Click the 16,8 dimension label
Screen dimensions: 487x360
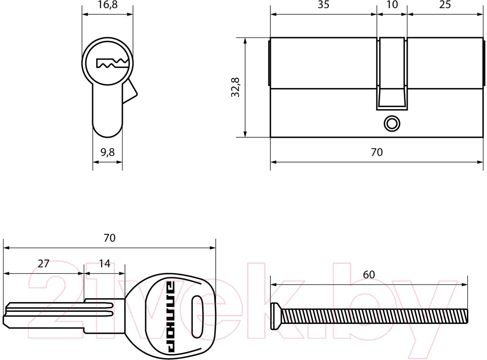[107, 5]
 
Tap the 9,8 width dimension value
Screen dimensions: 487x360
[108, 152]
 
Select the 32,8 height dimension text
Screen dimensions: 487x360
[236, 87]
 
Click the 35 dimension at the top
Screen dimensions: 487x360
[323, 4]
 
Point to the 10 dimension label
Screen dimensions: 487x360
[392, 4]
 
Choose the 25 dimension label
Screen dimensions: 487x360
[445, 4]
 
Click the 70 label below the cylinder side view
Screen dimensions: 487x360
[377, 152]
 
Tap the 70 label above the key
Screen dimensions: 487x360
[109, 238]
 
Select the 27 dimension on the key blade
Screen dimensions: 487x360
[44, 263]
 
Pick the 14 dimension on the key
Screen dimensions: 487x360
[104, 263]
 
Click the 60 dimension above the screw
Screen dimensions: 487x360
[369, 274]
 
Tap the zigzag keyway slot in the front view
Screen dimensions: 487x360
[112, 63]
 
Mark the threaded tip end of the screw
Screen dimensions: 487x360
[467, 316]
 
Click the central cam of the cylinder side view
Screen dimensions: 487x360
[392, 74]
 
